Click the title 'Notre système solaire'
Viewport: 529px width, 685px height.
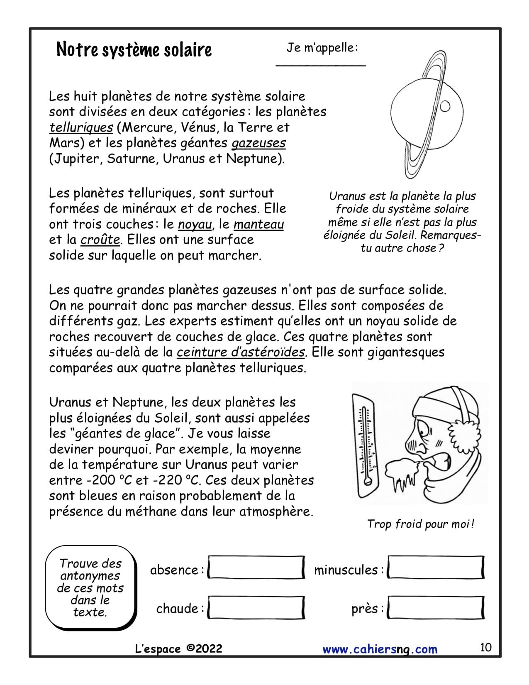[134, 50]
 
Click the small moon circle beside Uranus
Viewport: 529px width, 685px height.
[445, 107]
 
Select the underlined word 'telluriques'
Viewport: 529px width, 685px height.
[81, 127]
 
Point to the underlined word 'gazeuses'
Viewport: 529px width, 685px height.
[258, 143]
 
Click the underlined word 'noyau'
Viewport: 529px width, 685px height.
[195, 225]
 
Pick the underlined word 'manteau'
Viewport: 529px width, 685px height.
[258, 225]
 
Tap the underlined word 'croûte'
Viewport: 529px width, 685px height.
[100, 240]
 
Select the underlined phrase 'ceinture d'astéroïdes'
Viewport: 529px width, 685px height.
[241, 352]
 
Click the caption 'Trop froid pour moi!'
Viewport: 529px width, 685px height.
[420, 524]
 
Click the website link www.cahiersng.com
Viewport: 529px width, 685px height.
[380, 649]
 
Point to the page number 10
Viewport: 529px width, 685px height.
[485, 647]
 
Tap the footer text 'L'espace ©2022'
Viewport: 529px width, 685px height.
[179, 649]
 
